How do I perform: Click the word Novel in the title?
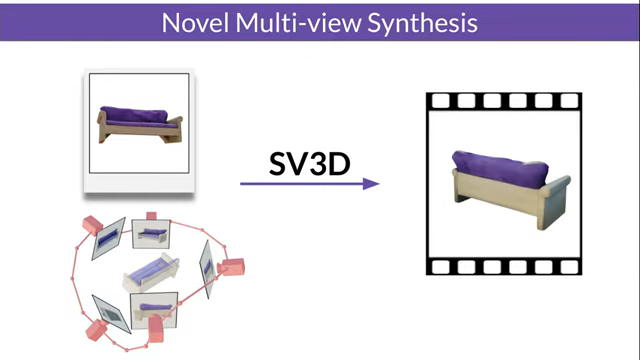[195, 22]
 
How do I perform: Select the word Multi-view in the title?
[291, 22]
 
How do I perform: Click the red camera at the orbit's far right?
[232, 267]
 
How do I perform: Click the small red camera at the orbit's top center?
[151, 216]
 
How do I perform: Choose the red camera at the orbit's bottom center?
[157, 328]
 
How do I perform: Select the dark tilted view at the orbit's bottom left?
[112, 312]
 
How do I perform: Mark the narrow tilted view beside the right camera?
[207, 264]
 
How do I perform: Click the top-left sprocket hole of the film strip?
[440, 101]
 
